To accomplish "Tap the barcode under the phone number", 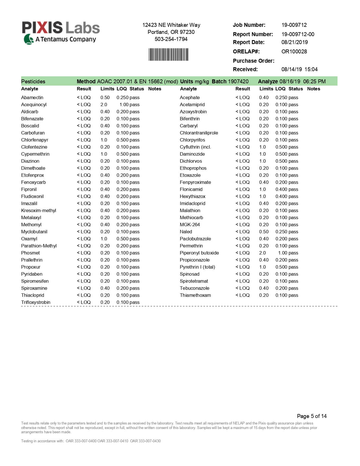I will [168, 55].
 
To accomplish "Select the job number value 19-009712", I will [294, 25].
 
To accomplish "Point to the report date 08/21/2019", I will [294, 42].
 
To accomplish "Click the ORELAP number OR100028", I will [294, 51].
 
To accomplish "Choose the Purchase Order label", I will [253, 61].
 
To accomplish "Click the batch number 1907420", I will [238, 81].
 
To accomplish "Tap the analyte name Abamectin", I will [32, 97].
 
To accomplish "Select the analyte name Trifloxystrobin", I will [36, 302].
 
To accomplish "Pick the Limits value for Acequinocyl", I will [104, 104].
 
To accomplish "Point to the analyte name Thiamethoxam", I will [195, 295].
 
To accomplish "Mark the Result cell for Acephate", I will [243, 97].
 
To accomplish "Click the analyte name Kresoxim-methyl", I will [38, 210].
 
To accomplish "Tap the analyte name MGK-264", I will [190, 225].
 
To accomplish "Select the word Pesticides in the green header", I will [33, 81].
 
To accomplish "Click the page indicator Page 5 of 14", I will [311, 416].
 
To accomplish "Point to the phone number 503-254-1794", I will [171, 39].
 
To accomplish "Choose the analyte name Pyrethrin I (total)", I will [197, 267].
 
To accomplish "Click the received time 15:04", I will [311, 69].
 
